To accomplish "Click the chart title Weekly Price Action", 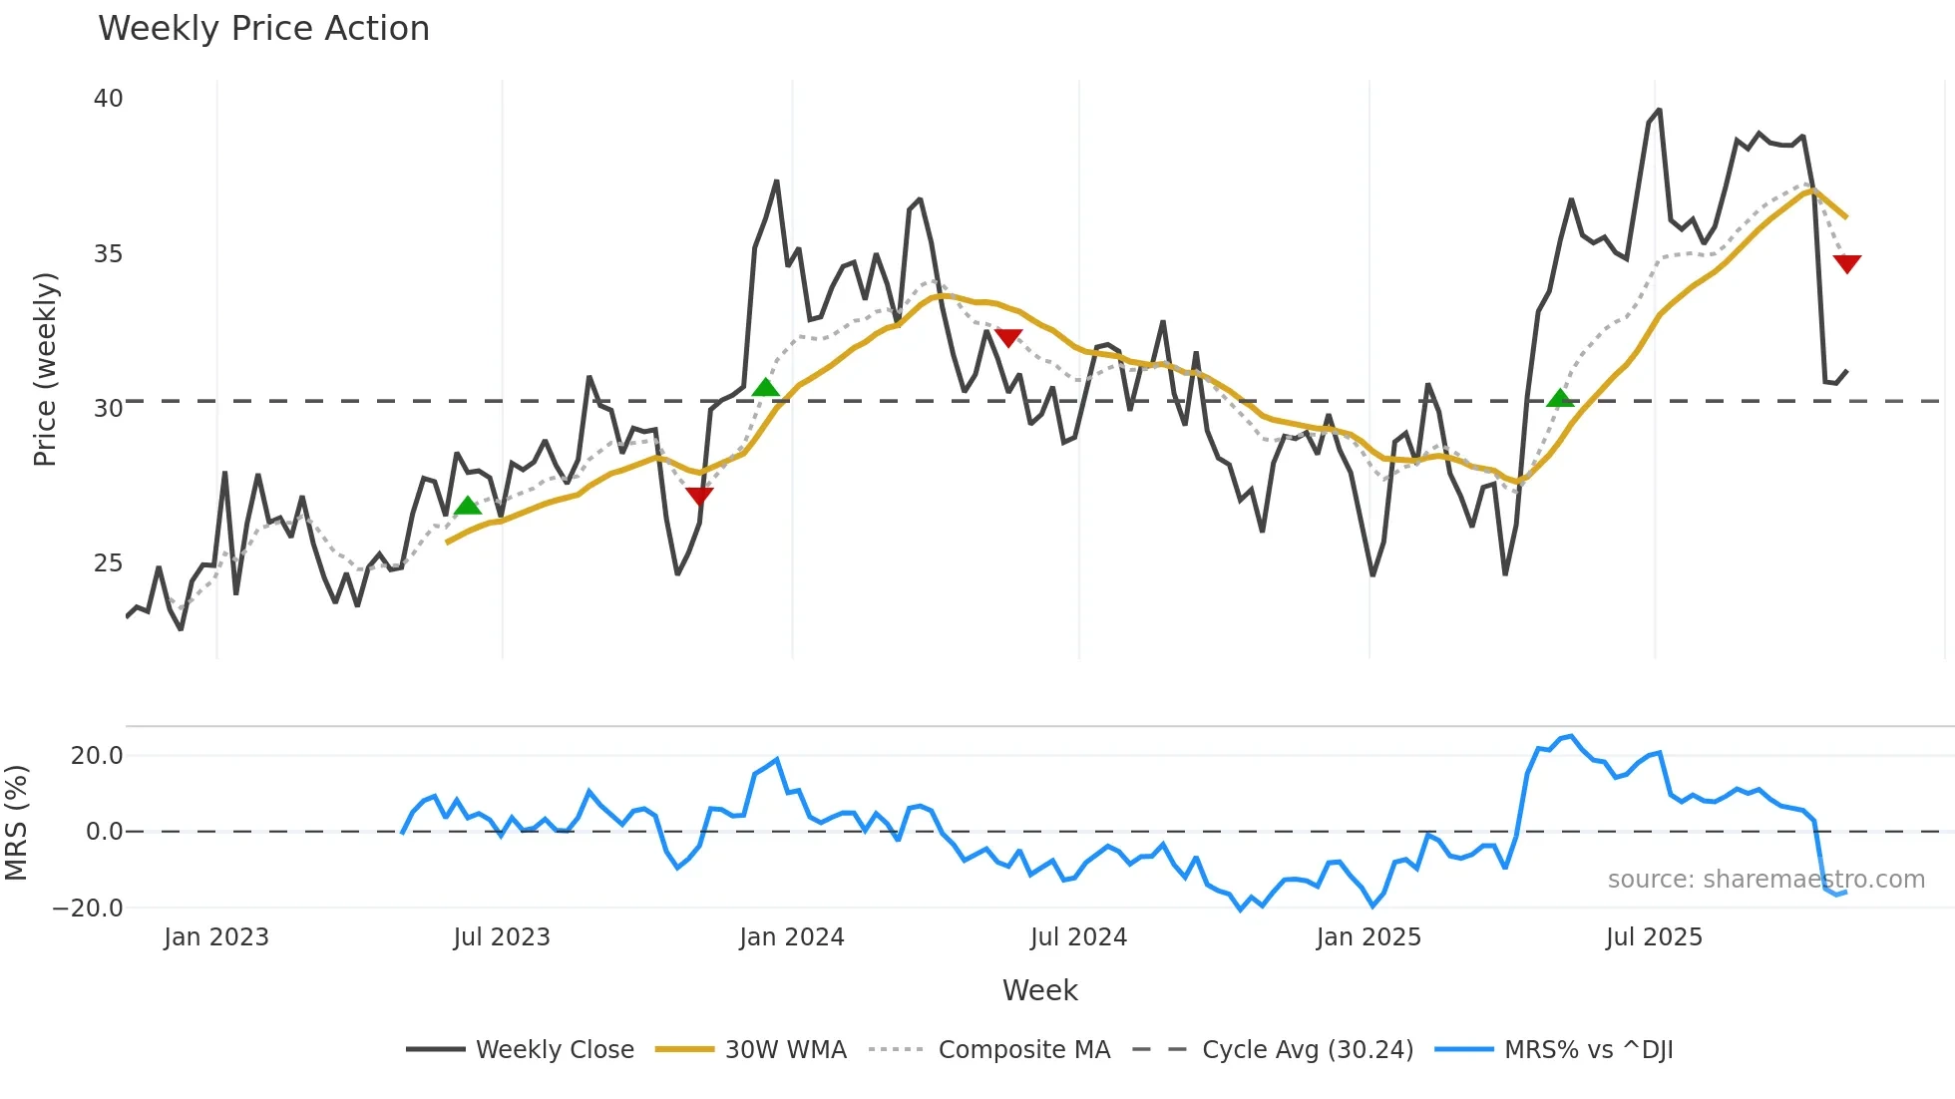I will (263, 29).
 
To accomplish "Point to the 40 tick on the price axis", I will (108, 99).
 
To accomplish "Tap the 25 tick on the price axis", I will (108, 563).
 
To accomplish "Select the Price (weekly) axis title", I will (45, 369).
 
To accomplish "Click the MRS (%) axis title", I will (16, 823).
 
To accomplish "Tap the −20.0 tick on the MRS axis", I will (88, 909).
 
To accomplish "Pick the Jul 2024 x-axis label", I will (1078, 937).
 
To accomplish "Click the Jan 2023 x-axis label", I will (216, 937).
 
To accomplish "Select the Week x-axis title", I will (1039, 990).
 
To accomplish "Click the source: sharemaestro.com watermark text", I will (1765, 880).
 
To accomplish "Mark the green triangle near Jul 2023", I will (467, 507).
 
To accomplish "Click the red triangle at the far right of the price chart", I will (1846, 263).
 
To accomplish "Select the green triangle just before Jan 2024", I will (765, 388).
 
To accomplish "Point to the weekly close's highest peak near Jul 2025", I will (1659, 111).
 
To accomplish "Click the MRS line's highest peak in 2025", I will (1571, 737).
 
